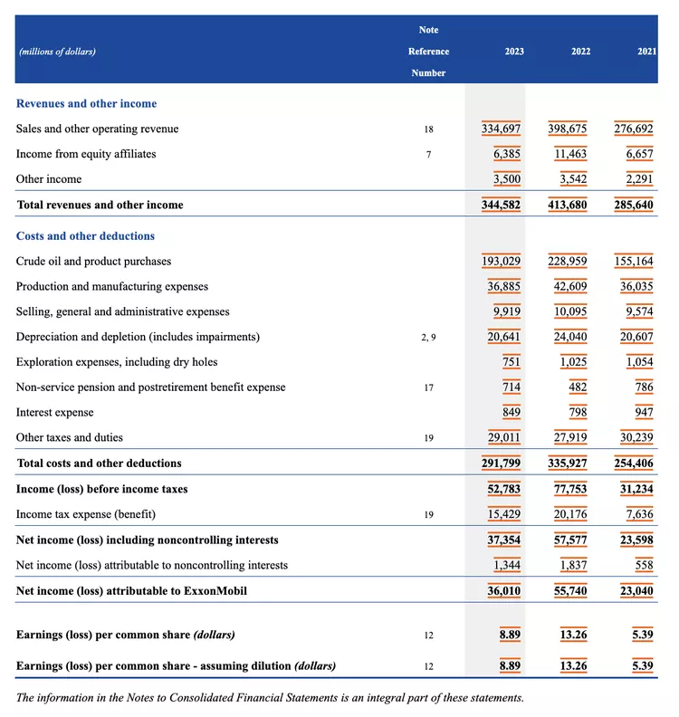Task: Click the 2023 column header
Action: [x=514, y=52]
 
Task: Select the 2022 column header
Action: [x=580, y=52]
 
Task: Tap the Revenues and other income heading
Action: [x=86, y=104]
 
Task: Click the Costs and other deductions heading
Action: [x=85, y=236]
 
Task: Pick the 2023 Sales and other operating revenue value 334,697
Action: [x=501, y=129]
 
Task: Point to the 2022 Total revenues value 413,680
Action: [x=568, y=206]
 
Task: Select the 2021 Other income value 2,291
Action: [x=639, y=179]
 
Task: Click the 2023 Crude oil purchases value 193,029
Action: [x=501, y=262]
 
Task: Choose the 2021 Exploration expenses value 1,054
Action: [x=639, y=362]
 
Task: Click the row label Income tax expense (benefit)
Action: [x=86, y=514]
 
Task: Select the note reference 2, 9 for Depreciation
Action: [x=428, y=338]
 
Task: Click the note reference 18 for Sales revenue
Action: [x=428, y=129]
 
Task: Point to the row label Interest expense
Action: [x=54, y=413]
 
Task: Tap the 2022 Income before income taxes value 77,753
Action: [x=568, y=490]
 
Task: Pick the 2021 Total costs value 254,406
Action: [x=634, y=464]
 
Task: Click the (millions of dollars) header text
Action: [x=57, y=52]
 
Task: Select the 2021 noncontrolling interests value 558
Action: [x=643, y=566]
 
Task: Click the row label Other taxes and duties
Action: [x=70, y=438]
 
